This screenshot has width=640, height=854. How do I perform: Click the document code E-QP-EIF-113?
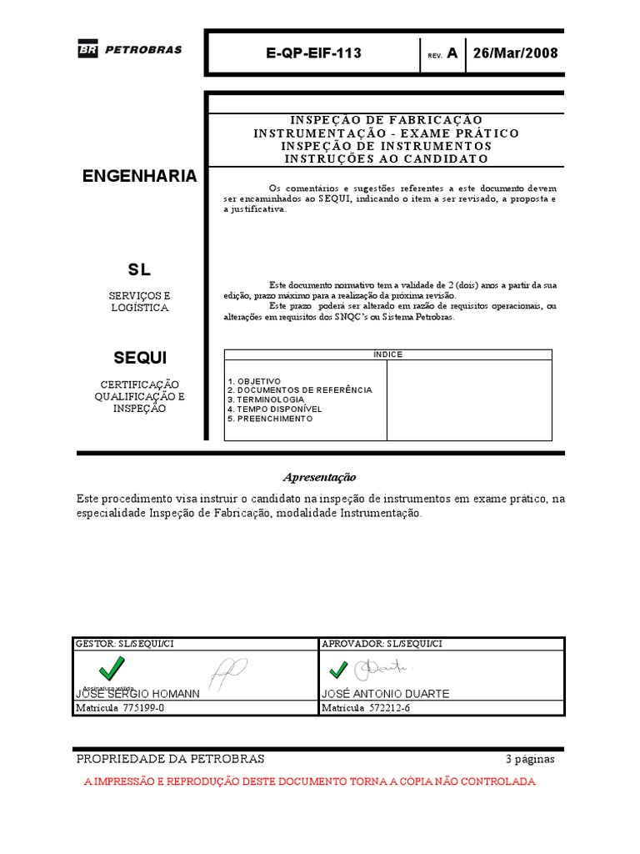(313, 53)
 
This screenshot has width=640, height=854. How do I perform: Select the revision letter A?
(452, 53)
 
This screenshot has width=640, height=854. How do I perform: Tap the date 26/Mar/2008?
(515, 53)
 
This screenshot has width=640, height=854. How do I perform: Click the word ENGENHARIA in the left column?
(140, 176)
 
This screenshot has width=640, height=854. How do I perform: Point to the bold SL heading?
(139, 270)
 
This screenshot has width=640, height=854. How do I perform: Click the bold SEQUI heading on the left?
(140, 358)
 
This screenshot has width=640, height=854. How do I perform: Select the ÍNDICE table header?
(387, 354)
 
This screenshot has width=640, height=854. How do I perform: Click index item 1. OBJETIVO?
(254, 381)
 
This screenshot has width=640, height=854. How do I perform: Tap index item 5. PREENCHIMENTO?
(270, 419)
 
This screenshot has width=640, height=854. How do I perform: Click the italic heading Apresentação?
(319, 477)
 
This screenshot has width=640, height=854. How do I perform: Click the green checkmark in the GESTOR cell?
(111, 668)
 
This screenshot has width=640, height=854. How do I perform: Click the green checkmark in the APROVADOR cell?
(338, 670)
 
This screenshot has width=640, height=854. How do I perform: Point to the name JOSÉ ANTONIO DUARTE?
(384, 694)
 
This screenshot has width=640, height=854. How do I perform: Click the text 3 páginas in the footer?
(529, 759)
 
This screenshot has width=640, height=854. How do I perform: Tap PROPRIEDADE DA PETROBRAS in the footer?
(170, 759)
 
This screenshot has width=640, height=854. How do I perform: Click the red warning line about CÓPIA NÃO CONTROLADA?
(310, 781)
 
